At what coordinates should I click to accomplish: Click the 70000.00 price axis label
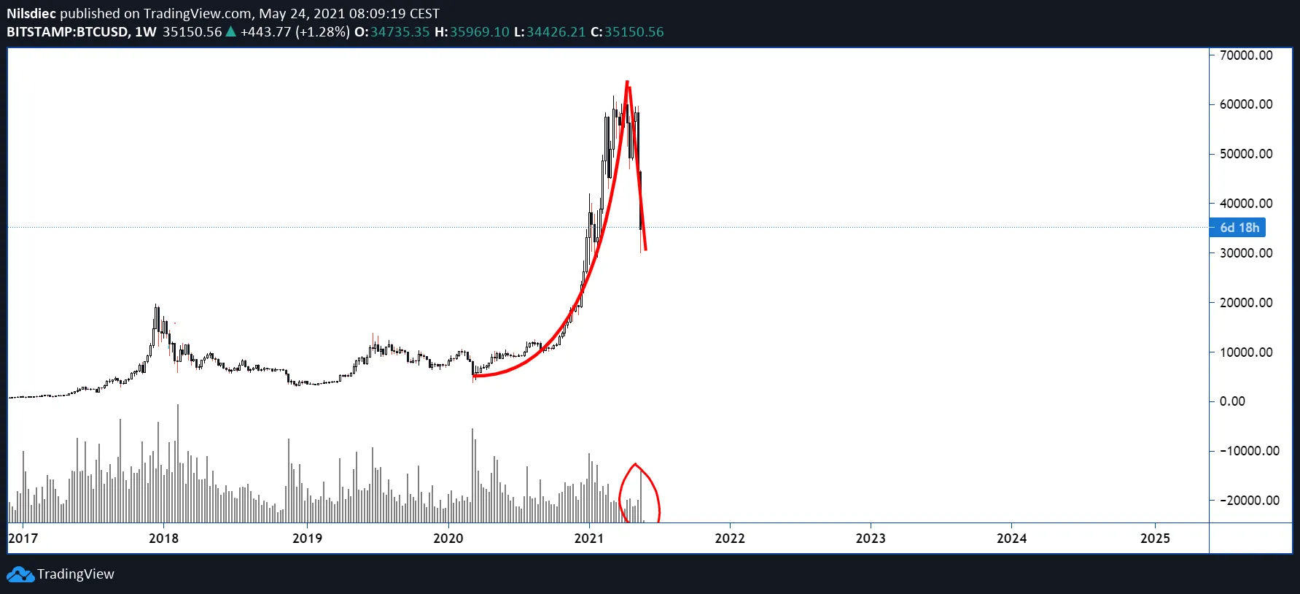tap(1245, 55)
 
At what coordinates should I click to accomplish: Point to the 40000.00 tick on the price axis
tap(1245, 204)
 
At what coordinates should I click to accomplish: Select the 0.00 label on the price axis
tap(1232, 401)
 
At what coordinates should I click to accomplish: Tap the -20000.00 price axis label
tap(1249, 501)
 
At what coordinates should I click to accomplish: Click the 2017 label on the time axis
tap(23, 539)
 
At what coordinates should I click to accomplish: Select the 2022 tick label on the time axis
tap(730, 539)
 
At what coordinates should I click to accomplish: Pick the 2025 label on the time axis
tap(1155, 539)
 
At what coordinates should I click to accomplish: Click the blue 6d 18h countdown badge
tap(1238, 228)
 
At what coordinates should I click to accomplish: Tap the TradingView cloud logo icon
tap(20, 575)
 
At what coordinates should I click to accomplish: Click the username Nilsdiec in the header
tap(31, 14)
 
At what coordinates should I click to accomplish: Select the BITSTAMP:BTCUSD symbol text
tap(68, 32)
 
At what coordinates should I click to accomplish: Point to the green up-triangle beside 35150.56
tap(231, 31)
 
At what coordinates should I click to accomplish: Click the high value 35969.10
tap(479, 32)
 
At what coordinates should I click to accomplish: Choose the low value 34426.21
tap(556, 32)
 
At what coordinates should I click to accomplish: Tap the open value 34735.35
tap(400, 32)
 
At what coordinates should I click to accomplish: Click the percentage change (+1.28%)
tap(322, 32)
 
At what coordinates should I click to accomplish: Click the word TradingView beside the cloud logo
tap(76, 574)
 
